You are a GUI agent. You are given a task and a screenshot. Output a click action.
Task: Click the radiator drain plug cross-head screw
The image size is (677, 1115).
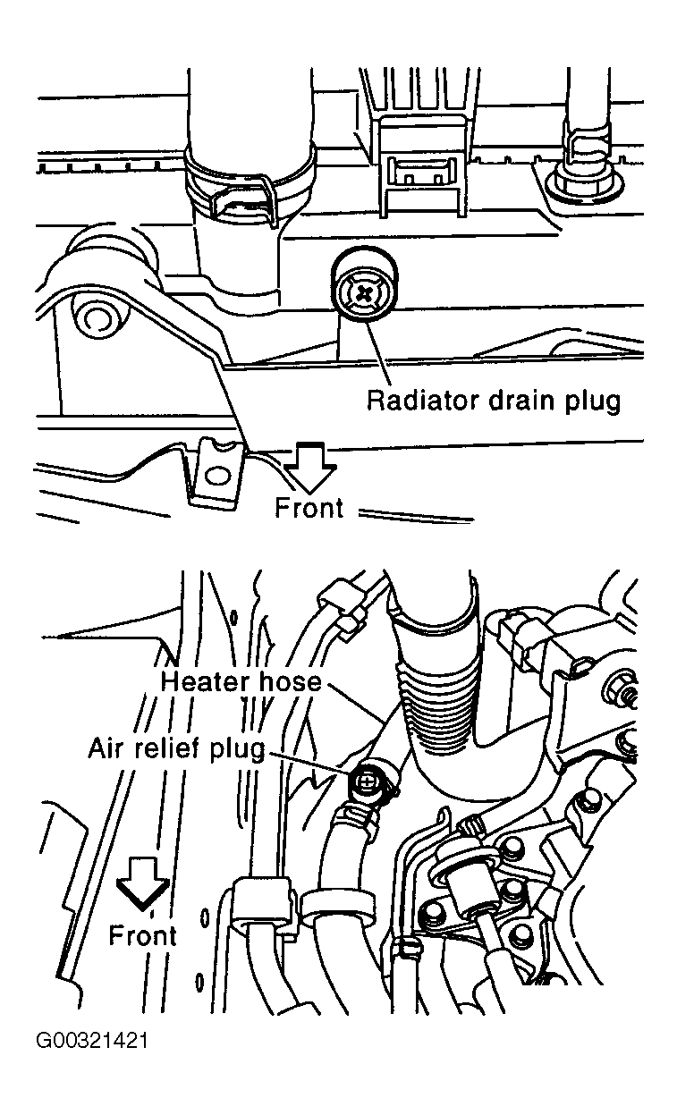coord(366,291)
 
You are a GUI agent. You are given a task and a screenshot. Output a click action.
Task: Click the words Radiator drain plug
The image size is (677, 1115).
coord(493,400)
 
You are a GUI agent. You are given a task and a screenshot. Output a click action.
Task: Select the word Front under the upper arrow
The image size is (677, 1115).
coord(309,508)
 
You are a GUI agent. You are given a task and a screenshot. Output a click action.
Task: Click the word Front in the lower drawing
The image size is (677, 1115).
coord(142,935)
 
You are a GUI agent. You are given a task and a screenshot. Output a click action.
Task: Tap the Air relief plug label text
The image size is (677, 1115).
coord(176,748)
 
